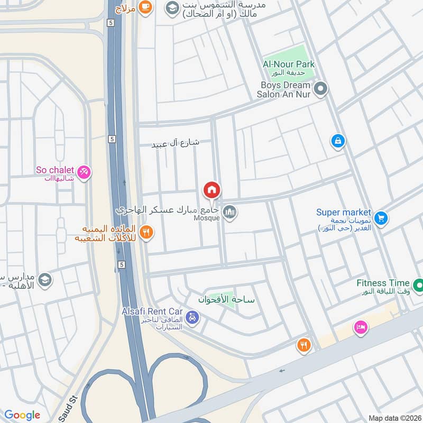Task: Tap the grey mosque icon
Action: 229,213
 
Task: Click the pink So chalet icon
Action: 84,172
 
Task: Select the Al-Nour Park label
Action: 289,65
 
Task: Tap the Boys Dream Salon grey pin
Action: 319,89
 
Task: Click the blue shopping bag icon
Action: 337,141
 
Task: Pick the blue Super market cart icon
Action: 380,218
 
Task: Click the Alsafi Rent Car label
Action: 152,311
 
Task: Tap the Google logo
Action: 22,415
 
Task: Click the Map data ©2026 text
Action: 394,418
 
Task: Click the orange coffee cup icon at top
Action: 146,7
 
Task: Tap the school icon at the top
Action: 171,7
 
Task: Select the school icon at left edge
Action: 45,279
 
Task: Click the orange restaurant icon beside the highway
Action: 146,232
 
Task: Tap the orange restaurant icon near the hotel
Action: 304,345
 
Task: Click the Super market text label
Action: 344,212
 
